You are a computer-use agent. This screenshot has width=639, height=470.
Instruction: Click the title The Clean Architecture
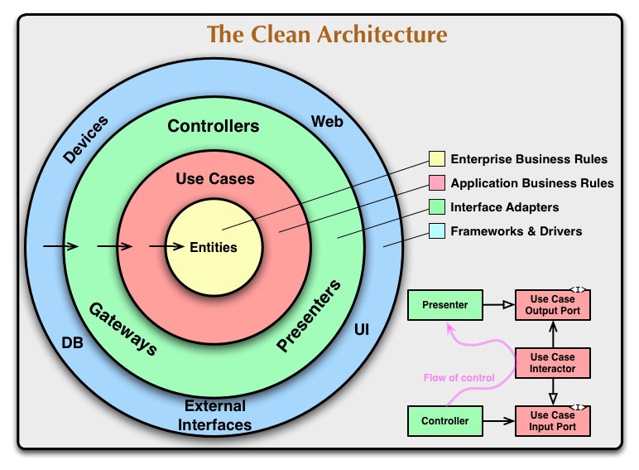click(327, 35)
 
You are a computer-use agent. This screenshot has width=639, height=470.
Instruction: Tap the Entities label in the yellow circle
click(214, 247)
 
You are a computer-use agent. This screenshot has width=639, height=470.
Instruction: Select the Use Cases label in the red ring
click(215, 178)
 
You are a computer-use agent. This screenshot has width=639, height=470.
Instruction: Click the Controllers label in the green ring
click(214, 127)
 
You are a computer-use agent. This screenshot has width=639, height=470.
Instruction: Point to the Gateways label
click(123, 328)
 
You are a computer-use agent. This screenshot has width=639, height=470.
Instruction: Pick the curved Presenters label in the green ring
click(310, 317)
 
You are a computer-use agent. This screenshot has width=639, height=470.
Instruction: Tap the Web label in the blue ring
click(327, 122)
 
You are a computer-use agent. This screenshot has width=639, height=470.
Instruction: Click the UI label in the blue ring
click(362, 330)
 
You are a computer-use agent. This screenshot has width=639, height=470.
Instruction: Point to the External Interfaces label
click(215, 415)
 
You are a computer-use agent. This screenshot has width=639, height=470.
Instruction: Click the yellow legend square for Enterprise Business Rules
click(436, 159)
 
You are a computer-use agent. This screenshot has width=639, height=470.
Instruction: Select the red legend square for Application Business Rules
click(436, 183)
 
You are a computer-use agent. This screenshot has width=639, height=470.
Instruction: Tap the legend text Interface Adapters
click(504, 207)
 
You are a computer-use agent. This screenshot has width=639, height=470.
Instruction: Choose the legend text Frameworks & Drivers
click(516, 231)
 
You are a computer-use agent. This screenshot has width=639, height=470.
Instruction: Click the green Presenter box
click(444, 305)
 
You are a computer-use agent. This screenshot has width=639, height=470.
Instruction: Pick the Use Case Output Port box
click(553, 305)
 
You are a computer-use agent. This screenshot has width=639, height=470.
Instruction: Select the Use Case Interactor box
click(553, 362)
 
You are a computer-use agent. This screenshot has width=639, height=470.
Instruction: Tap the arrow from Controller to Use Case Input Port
click(497, 421)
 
